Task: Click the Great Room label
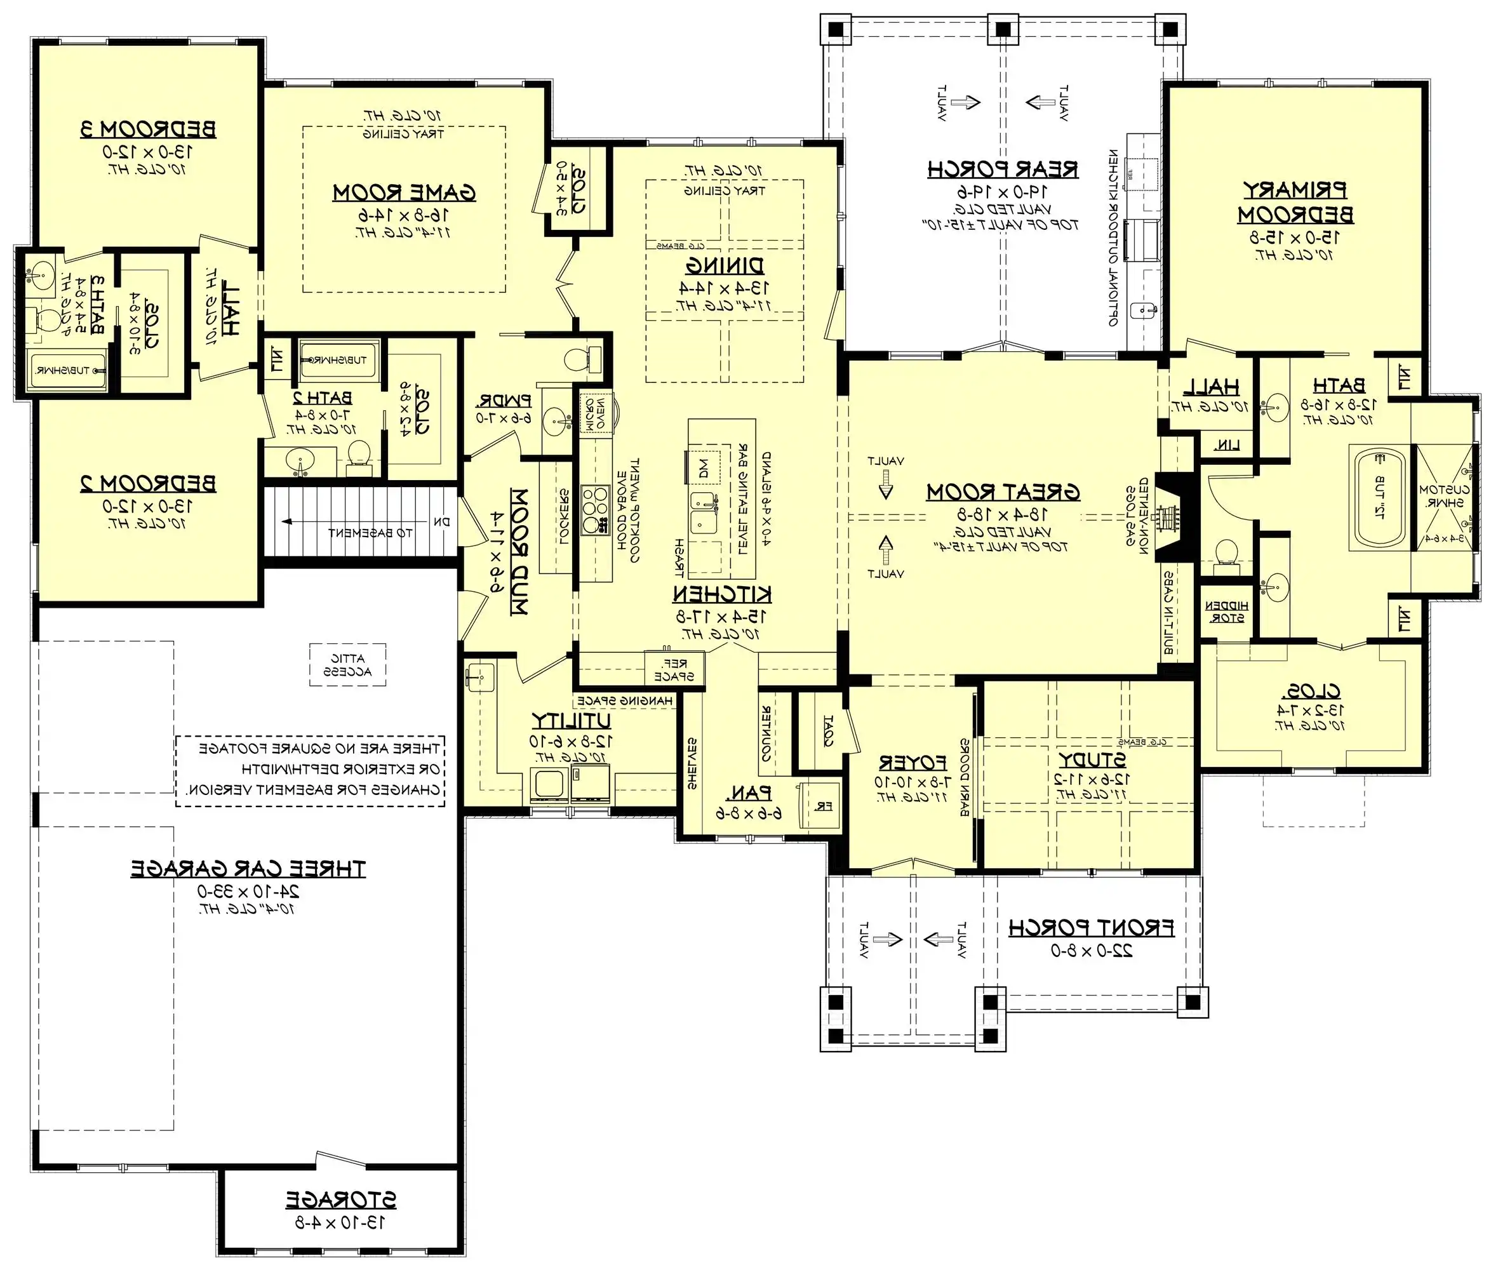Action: point(1003,492)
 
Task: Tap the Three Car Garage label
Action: point(248,869)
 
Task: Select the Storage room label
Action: point(340,1200)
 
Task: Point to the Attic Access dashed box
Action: point(347,664)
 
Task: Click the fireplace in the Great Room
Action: point(1171,517)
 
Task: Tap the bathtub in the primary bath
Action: point(1378,497)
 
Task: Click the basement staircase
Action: point(360,522)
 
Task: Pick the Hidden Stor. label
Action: point(1226,612)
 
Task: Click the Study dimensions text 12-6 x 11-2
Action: point(1092,778)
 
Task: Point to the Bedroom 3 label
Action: point(147,130)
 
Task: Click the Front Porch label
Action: point(1091,928)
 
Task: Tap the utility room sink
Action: point(480,676)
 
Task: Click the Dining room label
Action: point(724,265)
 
